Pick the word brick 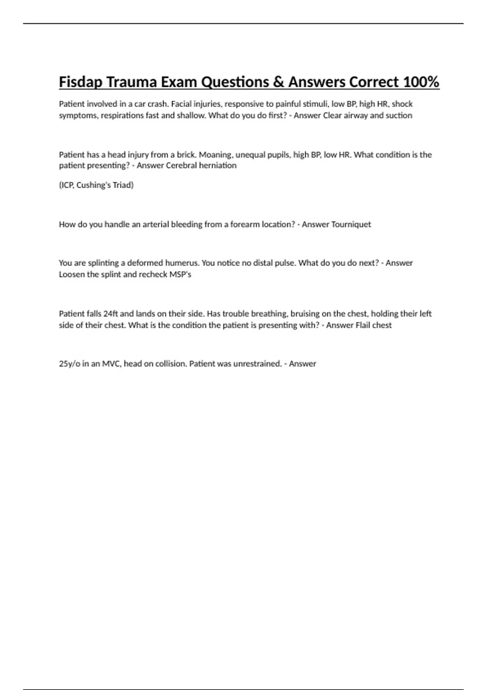tap(186, 155)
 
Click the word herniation tap(218, 166)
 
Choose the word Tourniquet tap(351, 224)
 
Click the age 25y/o tap(69, 364)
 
